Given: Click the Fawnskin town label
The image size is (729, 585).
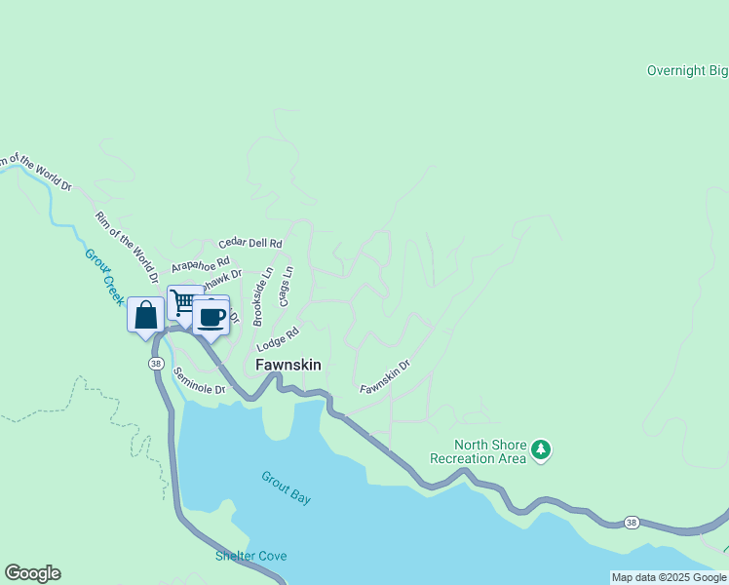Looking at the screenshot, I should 288,365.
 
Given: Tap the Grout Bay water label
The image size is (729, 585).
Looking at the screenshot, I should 287,487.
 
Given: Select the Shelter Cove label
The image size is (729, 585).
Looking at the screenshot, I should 250,556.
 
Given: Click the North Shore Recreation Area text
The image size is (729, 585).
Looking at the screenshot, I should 478,451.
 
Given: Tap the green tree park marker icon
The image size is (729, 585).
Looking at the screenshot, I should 541,450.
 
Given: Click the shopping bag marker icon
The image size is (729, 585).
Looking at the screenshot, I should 145,315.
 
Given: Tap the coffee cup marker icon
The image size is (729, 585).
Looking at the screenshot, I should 211,316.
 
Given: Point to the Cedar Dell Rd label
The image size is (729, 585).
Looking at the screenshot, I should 250,243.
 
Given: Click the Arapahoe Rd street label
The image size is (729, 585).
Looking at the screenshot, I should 200,263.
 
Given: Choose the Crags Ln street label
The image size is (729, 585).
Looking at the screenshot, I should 286,287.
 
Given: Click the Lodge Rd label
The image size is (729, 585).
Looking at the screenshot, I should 278,339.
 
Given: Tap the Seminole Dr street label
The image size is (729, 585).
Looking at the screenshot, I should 199,380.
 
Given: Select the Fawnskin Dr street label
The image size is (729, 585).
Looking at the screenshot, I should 385,376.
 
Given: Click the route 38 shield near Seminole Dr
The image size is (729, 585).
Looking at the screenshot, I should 156,364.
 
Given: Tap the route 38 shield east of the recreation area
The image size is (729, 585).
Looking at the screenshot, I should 632,524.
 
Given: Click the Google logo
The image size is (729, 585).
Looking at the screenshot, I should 32,573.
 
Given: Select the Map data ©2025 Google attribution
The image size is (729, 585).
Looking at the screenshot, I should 669,577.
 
